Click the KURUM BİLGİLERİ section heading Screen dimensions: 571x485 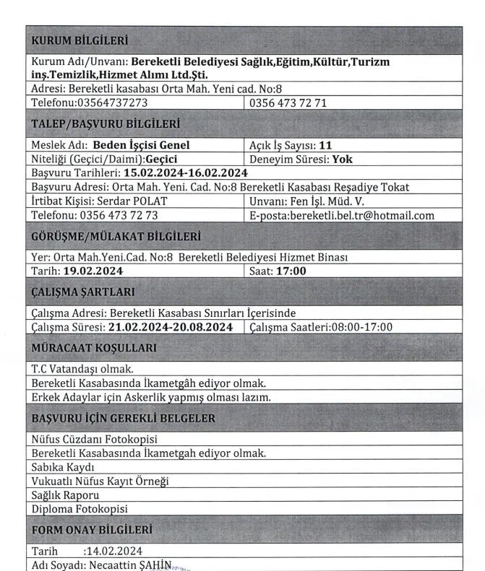80,40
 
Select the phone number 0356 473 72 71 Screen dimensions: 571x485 288,103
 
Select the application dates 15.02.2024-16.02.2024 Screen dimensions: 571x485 186,173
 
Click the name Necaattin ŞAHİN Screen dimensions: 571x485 132,565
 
